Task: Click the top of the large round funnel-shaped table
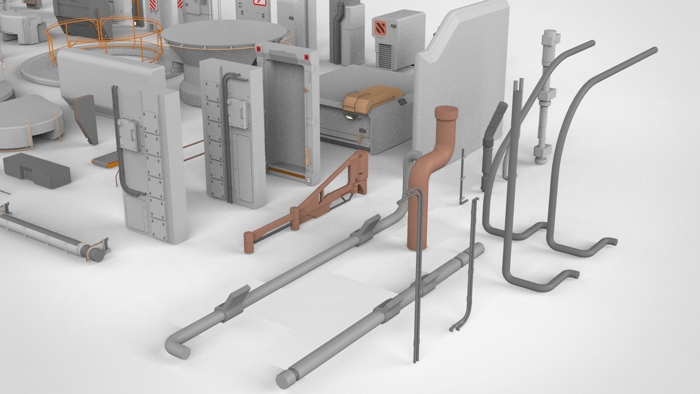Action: click(x=224, y=35)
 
